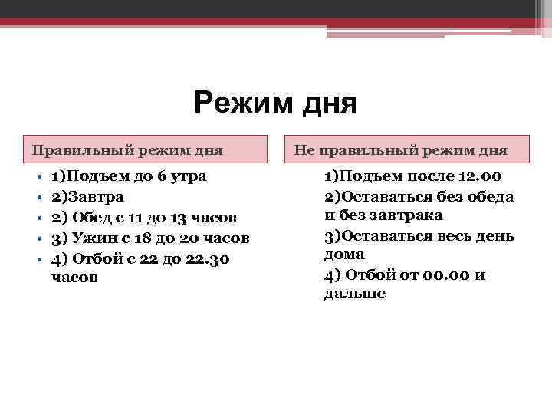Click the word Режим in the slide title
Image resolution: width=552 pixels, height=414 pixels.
coord(233,102)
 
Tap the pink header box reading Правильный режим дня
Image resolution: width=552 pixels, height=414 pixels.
coord(145,149)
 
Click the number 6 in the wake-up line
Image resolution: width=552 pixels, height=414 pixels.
coord(161,176)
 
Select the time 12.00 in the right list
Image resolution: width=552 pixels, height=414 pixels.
coord(478,176)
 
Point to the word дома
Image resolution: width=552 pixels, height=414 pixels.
coord(344,255)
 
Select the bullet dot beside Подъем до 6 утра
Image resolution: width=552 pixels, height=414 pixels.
coord(38,178)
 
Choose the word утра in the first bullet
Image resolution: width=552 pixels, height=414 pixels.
coord(189,176)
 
